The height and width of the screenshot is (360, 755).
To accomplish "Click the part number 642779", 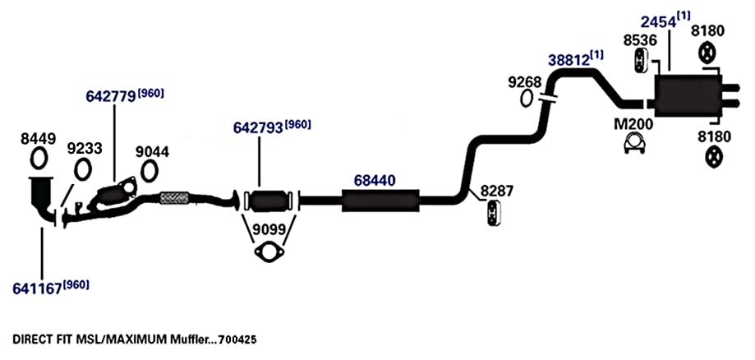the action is [x=110, y=96].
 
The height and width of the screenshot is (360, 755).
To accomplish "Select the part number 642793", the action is [x=258, y=127].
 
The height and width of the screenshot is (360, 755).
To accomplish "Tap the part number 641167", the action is [x=37, y=288].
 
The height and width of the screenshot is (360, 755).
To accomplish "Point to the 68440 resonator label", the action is [x=375, y=181].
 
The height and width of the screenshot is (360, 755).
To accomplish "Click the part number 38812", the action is [x=569, y=60].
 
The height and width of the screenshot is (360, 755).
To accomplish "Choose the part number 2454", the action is [x=657, y=21].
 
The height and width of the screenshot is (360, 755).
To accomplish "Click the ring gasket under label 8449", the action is [x=39, y=159].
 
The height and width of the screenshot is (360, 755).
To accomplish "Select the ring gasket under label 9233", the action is [x=83, y=169].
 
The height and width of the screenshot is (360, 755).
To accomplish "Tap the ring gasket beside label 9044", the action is [x=150, y=171].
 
